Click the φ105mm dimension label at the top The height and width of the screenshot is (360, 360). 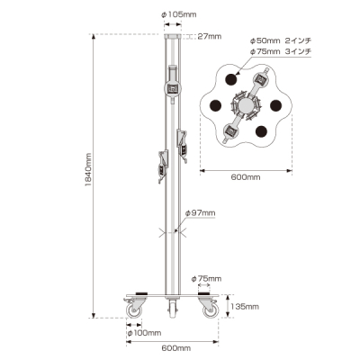click(179, 14)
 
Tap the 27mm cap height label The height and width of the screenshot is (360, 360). click(210, 36)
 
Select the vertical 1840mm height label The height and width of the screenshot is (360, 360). click(88, 170)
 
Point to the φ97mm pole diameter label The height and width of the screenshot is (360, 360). click(200, 213)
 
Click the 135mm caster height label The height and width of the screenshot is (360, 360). click(244, 307)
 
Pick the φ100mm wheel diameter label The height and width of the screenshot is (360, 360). click(144, 333)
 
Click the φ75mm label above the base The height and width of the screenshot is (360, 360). click(206, 279)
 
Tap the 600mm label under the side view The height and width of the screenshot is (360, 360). click(176, 348)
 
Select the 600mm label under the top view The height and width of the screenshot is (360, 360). click(246, 177)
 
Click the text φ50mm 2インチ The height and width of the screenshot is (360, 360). click(281, 40)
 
